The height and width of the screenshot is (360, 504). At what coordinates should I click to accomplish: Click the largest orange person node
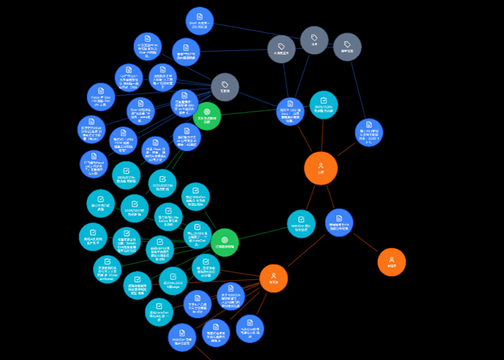tap(320, 168)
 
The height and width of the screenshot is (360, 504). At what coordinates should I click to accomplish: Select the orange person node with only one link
tap(392, 261)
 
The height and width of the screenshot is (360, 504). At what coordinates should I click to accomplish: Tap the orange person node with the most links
tap(274, 278)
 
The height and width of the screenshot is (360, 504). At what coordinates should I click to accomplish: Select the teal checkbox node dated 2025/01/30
tap(323, 105)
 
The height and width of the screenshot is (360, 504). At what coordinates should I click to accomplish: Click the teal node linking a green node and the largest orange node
tap(301, 224)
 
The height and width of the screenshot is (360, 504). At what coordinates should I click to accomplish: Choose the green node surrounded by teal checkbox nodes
tap(224, 242)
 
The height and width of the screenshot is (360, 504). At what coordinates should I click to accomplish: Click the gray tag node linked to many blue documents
tap(225, 87)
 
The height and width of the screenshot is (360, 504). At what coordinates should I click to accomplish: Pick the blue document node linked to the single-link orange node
tap(339, 223)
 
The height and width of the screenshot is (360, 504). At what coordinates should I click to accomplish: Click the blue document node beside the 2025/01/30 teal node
tap(290, 112)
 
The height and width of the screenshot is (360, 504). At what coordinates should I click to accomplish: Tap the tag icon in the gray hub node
tap(225, 84)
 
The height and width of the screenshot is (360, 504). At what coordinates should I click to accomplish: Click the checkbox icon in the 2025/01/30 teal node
tap(323, 101)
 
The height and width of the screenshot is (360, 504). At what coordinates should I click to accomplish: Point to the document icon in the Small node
tap(199, 16)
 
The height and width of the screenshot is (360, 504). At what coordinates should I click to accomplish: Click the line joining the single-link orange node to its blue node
tap(365, 242)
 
